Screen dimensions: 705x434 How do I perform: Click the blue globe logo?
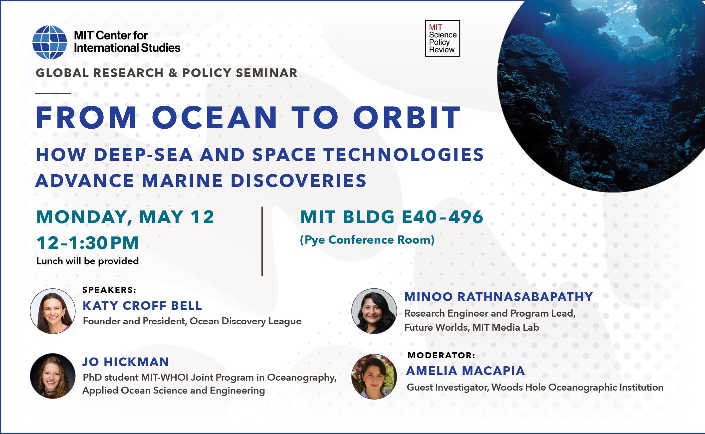[x=50, y=42]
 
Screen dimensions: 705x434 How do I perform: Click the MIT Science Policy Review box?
[x=443, y=38]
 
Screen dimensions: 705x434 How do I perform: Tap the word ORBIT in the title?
[x=407, y=118]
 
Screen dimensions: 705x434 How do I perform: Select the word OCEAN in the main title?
[x=215, y=118]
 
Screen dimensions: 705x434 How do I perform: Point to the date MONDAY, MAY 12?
[x=125, y=217]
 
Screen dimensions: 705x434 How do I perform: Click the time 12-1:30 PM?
[x=88, y=243]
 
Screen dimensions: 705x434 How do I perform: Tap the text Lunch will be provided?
[x=88, y=261]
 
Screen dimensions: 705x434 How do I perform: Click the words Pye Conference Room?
[x=367, y=240]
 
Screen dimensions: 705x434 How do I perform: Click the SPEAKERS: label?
[x=109, y=290]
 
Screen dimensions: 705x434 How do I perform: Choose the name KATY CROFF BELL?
[x=142, y=306]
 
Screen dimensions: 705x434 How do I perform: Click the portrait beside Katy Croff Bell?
[x=53, y=311]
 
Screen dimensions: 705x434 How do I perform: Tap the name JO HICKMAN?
[x=125, y=362]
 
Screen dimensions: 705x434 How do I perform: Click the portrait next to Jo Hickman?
[x=53, y=376]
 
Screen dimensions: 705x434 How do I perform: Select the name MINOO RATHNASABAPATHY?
[x=499, y=297]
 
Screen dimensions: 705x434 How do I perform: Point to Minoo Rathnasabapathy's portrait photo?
[x=374, y=311]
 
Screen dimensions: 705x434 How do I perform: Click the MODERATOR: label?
[x=441, y=355]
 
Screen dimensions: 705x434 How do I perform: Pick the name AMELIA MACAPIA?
[x=466, y=371]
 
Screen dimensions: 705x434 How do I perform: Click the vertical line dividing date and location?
[x=262, y=241]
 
